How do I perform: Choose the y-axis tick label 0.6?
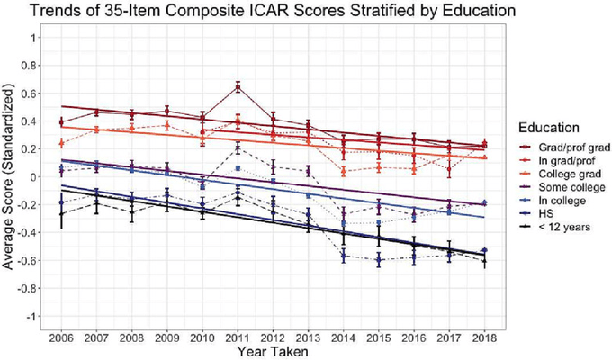click(34, 94)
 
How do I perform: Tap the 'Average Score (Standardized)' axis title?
click(11, 177)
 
